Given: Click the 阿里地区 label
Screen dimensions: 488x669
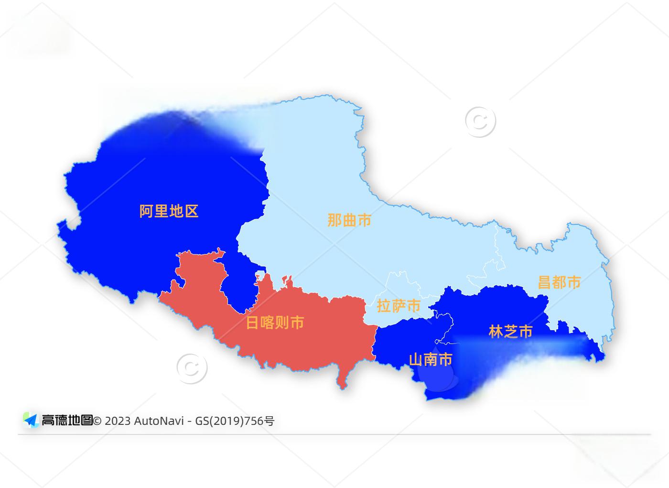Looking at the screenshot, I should [169, 211].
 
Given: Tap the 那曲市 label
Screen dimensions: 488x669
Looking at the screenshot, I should [349, 220].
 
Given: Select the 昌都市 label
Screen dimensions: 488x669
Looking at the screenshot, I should [559, 282].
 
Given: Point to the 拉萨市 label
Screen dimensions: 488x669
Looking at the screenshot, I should [399, 306].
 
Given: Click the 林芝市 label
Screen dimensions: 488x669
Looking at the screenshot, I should [510, 332].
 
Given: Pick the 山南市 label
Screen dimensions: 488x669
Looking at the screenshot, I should [431, 359].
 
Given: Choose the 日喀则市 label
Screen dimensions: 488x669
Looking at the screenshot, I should [275, 322].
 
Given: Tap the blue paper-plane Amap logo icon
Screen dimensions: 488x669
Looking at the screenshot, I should [31, 420].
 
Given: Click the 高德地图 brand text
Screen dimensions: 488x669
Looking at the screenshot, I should [67, 421].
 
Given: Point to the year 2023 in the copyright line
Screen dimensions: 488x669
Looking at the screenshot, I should [118, 421].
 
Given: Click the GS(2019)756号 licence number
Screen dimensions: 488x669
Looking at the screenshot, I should [235, 421].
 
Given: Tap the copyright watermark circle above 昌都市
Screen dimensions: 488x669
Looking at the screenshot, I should [480, 122].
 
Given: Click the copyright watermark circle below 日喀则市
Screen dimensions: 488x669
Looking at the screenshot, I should [192, 368].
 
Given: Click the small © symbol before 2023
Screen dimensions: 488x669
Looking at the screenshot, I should [97, 421].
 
